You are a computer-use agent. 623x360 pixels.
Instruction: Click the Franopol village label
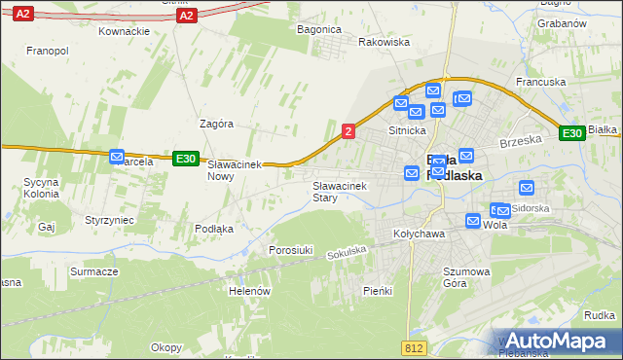pos(47,50)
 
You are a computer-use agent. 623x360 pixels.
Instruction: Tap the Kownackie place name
pos(124,31)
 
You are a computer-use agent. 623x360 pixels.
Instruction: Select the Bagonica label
pos(319,29)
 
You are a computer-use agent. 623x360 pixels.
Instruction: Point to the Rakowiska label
pos(384,42)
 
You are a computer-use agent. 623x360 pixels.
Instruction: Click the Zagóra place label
pos(216,124)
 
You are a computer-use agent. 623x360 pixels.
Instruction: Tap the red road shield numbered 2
pos(348,131)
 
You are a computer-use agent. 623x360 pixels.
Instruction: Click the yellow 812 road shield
pos(413,347)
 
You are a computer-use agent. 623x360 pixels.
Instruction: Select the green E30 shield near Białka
pos(571,133)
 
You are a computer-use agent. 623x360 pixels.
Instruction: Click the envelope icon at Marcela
pos(118,156)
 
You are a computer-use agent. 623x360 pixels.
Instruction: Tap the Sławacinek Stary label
pos(338,192)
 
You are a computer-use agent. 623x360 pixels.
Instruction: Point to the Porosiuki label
pos(291,250)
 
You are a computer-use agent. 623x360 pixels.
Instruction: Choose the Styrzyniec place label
pos(109,221)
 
